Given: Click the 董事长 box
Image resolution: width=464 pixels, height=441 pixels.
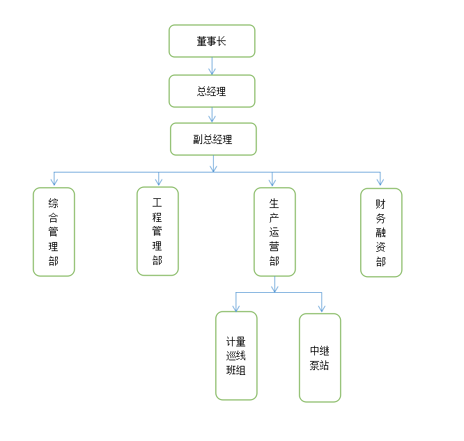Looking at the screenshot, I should (x=212, y=41).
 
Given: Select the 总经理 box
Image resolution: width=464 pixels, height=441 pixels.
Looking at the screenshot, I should (x=212, y=91).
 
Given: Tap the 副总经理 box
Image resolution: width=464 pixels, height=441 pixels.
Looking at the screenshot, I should (x=213, y=139).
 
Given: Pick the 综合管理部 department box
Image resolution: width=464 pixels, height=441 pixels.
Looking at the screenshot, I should (x=54, y=232).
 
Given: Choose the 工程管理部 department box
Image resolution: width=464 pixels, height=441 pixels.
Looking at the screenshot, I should (x=157, y=231).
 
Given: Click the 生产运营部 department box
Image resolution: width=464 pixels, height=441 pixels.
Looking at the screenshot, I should (x=274, y=232).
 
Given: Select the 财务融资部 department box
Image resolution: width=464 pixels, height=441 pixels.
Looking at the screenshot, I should (x=380, y=232).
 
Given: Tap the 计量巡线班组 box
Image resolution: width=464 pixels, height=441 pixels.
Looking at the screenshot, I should (x=236, y=355).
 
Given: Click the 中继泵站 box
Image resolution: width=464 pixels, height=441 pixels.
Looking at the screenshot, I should (x=320, y=358).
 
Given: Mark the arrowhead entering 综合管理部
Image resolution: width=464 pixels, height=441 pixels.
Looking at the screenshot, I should (x=54, y=182).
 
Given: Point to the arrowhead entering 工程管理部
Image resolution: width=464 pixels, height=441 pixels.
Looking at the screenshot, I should (x=159, y=182).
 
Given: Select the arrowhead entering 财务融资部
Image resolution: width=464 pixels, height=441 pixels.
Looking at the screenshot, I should (x=380, y=182).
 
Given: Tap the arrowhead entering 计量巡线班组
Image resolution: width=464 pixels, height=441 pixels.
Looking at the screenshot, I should (x=236, y=307).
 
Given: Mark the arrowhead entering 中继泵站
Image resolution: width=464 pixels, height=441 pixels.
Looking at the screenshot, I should (x=321, y=308).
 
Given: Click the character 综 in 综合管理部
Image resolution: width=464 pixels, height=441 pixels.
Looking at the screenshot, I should (x=54, y=203).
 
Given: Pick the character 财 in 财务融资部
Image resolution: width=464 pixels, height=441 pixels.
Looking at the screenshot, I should (x=380, y=204).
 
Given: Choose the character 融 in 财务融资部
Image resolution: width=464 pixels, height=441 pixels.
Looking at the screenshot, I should (x=380, y=232).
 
